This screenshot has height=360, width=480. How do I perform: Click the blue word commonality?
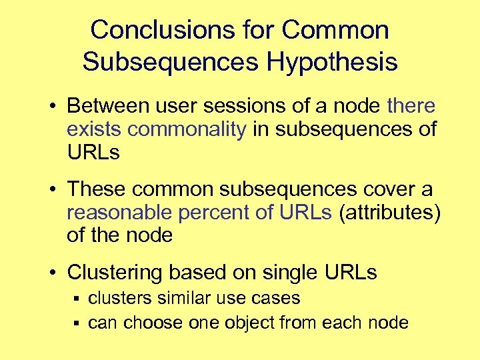click(x=187, y=129)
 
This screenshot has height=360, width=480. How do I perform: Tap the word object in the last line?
click(x=249, y=323)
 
